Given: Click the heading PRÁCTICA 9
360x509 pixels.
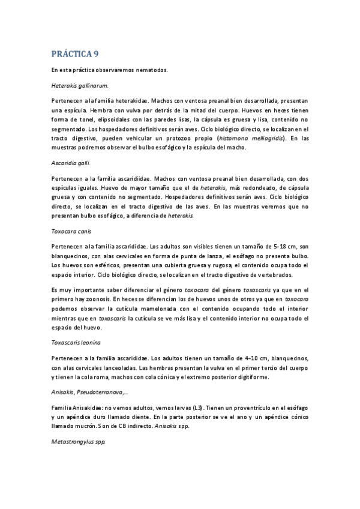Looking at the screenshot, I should coord(75,55).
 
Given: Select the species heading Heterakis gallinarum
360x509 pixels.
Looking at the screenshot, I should coord(80,85).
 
